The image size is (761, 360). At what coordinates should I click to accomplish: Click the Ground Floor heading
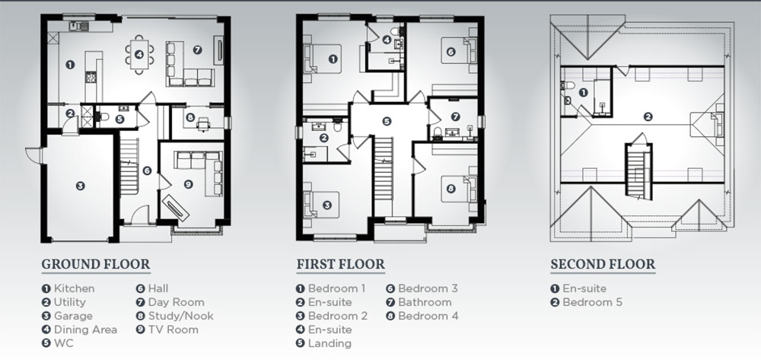click(x=96, y=264)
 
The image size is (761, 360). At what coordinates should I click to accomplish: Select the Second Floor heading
click(x=603, y=264)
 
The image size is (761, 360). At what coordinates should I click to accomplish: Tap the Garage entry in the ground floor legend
click(x=67, y=316)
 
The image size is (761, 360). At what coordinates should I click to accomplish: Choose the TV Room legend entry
click(x=167, y=330)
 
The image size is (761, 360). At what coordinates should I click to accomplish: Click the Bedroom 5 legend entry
click(x=586, y=302)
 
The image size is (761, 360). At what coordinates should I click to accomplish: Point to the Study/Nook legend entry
click(x=175, y=316)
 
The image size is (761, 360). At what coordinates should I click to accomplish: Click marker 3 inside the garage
click(x=80, y=186)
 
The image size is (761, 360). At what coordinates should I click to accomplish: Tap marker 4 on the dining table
click(x=139, y=54)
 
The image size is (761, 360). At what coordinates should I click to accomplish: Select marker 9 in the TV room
click(x=188, y=184)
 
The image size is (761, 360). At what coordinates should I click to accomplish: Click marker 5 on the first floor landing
click(x=387, y=121)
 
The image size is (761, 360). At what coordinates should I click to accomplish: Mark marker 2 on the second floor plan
click(x=648, y=116)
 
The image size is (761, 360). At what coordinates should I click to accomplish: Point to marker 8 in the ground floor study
click(x=189, y=117)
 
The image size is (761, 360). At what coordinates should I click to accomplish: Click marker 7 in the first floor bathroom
click(x=455, y=116)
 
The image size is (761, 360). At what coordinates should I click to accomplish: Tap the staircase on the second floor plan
click(x=638, y=170)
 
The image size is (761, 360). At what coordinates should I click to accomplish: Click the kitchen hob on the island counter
click(x=91, y=77)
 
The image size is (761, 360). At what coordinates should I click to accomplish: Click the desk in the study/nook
click(x=203, y=124)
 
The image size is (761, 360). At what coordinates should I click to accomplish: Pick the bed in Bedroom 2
click(x=321, y=205)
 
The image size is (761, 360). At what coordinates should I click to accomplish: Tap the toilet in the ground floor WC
click(x=103, y=116)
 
